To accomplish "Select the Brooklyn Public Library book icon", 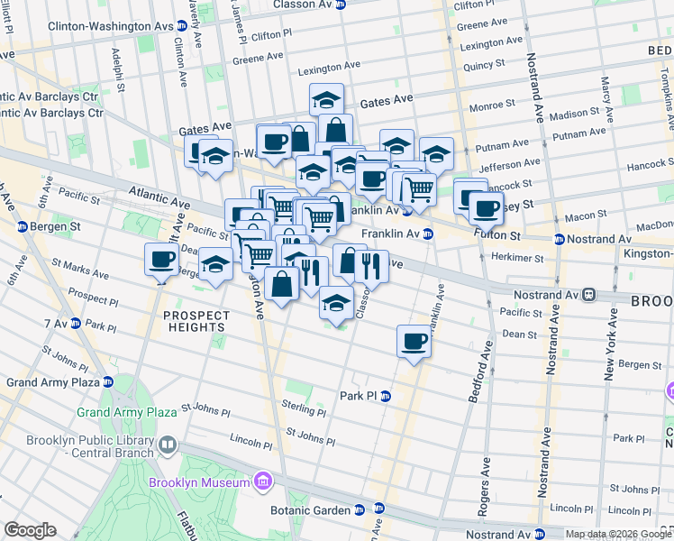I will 167,445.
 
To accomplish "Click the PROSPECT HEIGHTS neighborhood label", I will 196,322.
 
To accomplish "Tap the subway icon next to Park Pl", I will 386,396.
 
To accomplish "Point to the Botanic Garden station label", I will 311,510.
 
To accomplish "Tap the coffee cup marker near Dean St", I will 414,341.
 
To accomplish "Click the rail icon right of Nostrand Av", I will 587,295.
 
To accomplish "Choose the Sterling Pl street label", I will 303,407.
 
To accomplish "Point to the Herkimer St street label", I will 518,258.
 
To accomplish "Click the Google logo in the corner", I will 30,530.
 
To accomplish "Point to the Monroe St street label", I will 491,105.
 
